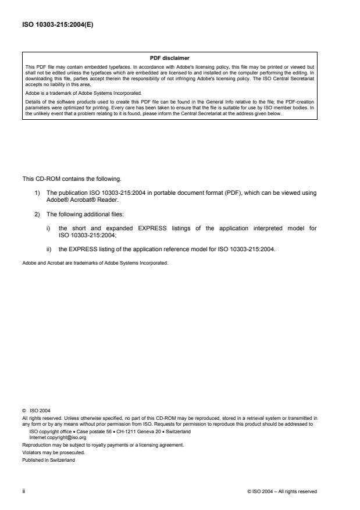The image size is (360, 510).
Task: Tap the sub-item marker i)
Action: [48, 228]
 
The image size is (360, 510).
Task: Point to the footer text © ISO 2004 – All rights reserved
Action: [282, 491]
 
